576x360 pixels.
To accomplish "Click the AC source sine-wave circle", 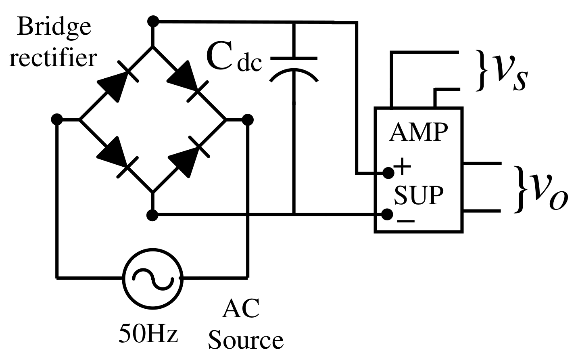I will point(153,278).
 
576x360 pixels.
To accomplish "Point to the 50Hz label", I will point(148,333).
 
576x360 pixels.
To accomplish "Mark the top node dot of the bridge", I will point(152,21).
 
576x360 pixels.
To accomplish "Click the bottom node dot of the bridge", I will point(152,215).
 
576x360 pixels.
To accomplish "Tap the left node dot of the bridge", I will point(57,119).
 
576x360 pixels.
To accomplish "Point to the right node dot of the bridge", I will point(248,119).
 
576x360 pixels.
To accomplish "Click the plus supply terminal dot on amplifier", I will point(388,173).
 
